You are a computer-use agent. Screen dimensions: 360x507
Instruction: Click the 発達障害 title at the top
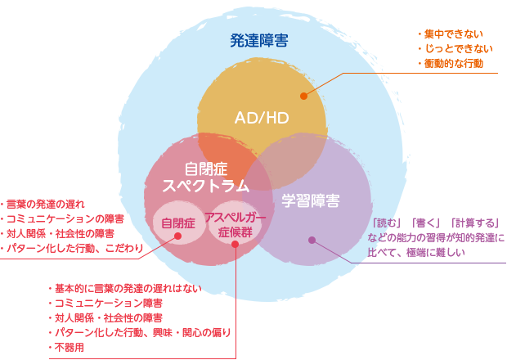pyautogui.click(x=258, y=40)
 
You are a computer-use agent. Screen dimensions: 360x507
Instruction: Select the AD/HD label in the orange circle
pyautogui.click(x=262, y=118)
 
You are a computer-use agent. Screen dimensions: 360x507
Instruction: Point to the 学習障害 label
pyautogui.click(x=312, y=200)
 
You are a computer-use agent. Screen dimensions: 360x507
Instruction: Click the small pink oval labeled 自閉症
pyautogui.click(x=177, y=223)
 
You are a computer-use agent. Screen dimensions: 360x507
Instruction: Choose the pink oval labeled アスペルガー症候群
pyautogui.click(x=235, y=224)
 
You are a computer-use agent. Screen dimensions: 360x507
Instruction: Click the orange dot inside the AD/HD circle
pyautogui.click(x=303, y=96)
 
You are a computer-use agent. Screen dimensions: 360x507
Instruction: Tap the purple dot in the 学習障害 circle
pyautogui.click(x=311, y=240)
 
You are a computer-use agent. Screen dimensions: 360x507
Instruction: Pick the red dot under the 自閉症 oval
pyautogui.click(x=177, y=237)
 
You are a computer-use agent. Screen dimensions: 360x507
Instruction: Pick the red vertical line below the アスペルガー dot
pyautogui.click(x=236, y=303)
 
